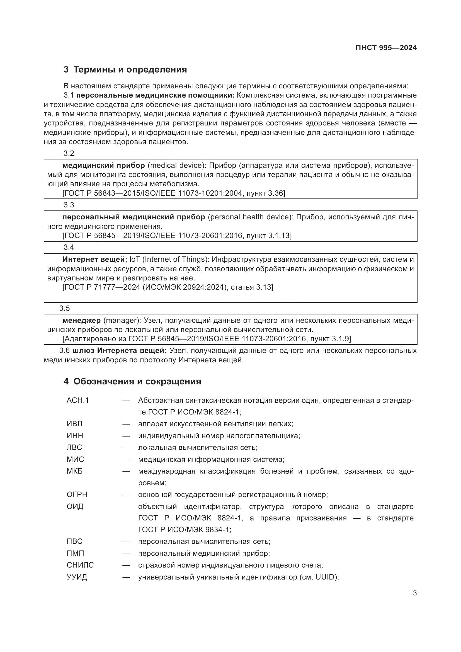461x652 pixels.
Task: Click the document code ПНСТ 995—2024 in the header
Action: [386, 48]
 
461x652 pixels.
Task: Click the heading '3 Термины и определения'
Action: [125, 70]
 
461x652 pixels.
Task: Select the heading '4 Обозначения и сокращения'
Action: [132, 381]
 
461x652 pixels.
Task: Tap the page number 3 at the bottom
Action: [415, 593]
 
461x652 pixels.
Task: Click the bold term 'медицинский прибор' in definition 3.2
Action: [104, 165]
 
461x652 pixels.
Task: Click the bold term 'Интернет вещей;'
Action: [95, 259]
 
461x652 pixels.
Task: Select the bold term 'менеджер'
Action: [81, 320]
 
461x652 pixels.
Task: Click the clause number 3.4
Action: [69, 247]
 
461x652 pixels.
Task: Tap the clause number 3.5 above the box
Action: [64, 308]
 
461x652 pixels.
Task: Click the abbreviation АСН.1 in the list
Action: [78, 400]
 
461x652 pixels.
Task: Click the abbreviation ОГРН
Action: [77, 495]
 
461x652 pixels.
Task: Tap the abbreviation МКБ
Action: [75, 471]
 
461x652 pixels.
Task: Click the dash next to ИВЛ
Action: [126, 424]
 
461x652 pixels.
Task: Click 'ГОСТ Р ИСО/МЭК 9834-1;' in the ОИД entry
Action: [185, 530]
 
